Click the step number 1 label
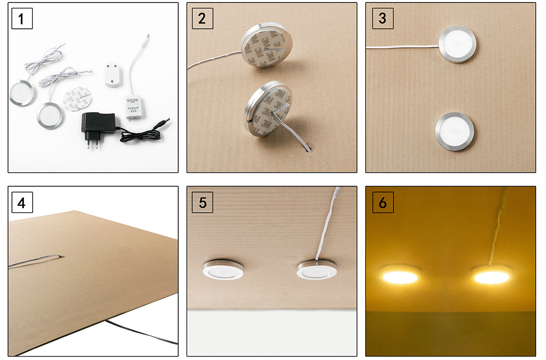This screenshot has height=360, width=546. pos(22,19)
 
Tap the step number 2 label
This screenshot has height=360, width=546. pos(202,19)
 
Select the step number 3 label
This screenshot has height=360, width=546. pos(382,19)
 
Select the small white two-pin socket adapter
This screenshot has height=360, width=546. pos(113,74)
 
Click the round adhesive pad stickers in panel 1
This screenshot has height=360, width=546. pos(78,97)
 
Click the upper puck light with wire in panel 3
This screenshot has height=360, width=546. pos(457,44)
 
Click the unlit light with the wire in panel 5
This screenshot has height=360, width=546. pos(316,270)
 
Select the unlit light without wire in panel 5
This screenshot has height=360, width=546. pos(223,269)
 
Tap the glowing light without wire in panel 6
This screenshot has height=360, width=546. pos(400,275)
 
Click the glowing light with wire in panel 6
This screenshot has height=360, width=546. pos(491,275)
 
